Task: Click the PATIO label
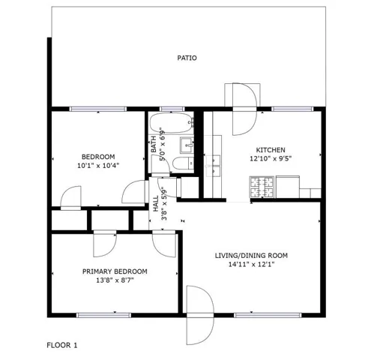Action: point(187,58)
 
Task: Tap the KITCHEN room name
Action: point(271,150)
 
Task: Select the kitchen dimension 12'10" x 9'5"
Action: point(271,159)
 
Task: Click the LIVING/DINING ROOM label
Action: point(251,256)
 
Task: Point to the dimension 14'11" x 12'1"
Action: point(251,265)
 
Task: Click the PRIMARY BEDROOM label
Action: point(115,271)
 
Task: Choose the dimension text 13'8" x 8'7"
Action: point(115,280)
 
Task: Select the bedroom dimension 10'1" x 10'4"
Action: point(98,166)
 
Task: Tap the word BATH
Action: point(154,144)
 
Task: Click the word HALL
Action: point(156,203)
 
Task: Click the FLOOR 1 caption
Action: point(62,346)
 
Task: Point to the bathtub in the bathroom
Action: point(172,123)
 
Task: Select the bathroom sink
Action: point(187,145)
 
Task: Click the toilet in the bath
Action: point(183,163)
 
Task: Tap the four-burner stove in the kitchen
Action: point(262,187)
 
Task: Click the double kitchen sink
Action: point(213,166)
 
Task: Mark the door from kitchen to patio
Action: point(244,109)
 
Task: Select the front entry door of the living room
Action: point(200,315)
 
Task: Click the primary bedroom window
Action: point(103,315)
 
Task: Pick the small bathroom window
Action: point(172,109)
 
